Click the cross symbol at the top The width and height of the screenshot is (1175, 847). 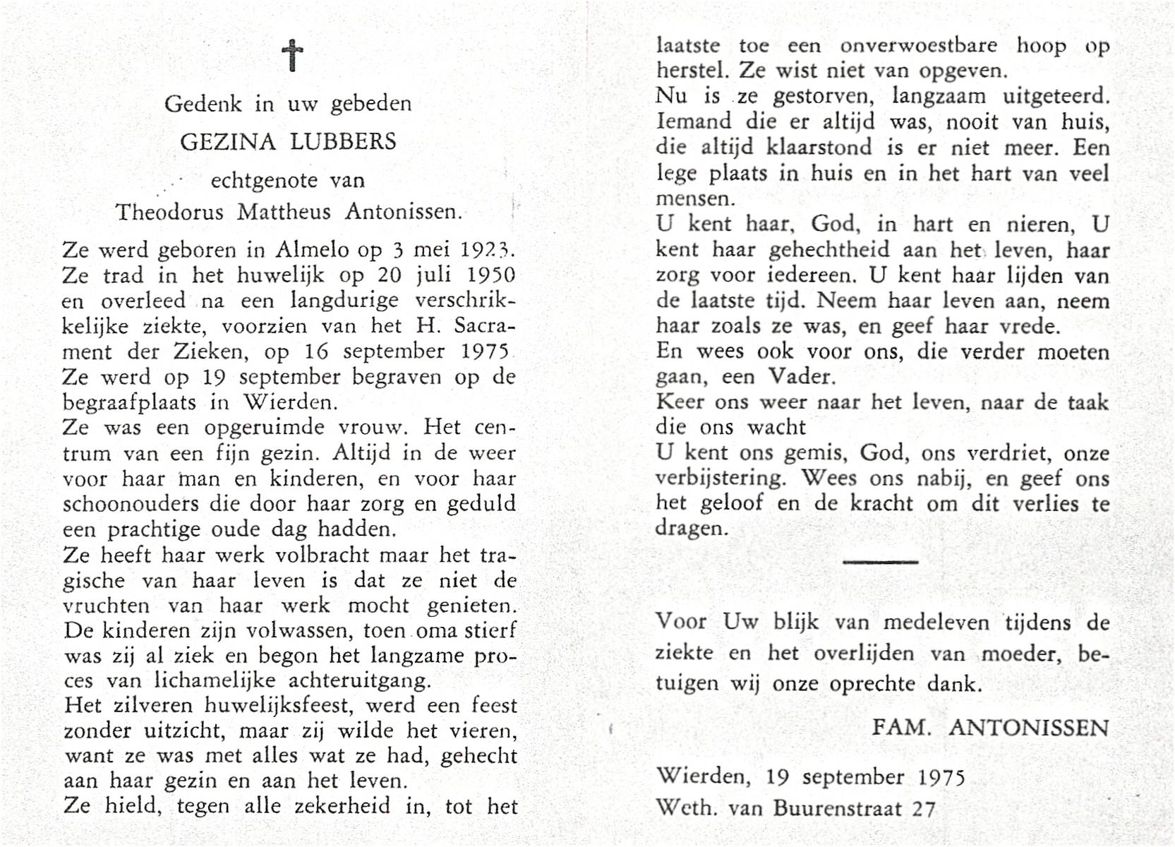292,56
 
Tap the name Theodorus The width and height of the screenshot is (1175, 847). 170,212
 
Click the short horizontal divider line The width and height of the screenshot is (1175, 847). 880,562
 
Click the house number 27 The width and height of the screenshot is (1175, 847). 923,807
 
